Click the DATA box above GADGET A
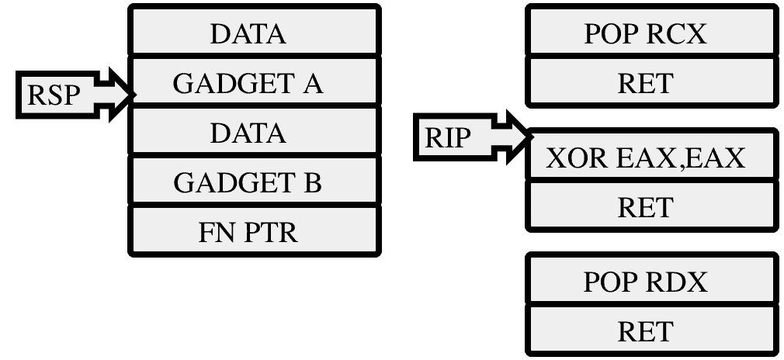255,30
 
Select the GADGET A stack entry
255,81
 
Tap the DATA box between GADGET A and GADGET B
255,131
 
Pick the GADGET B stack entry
255,181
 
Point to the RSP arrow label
54,95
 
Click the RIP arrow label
447,137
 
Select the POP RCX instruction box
652,30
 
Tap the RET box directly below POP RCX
652,81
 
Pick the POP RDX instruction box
652,279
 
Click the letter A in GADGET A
313,84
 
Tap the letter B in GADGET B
312,182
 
